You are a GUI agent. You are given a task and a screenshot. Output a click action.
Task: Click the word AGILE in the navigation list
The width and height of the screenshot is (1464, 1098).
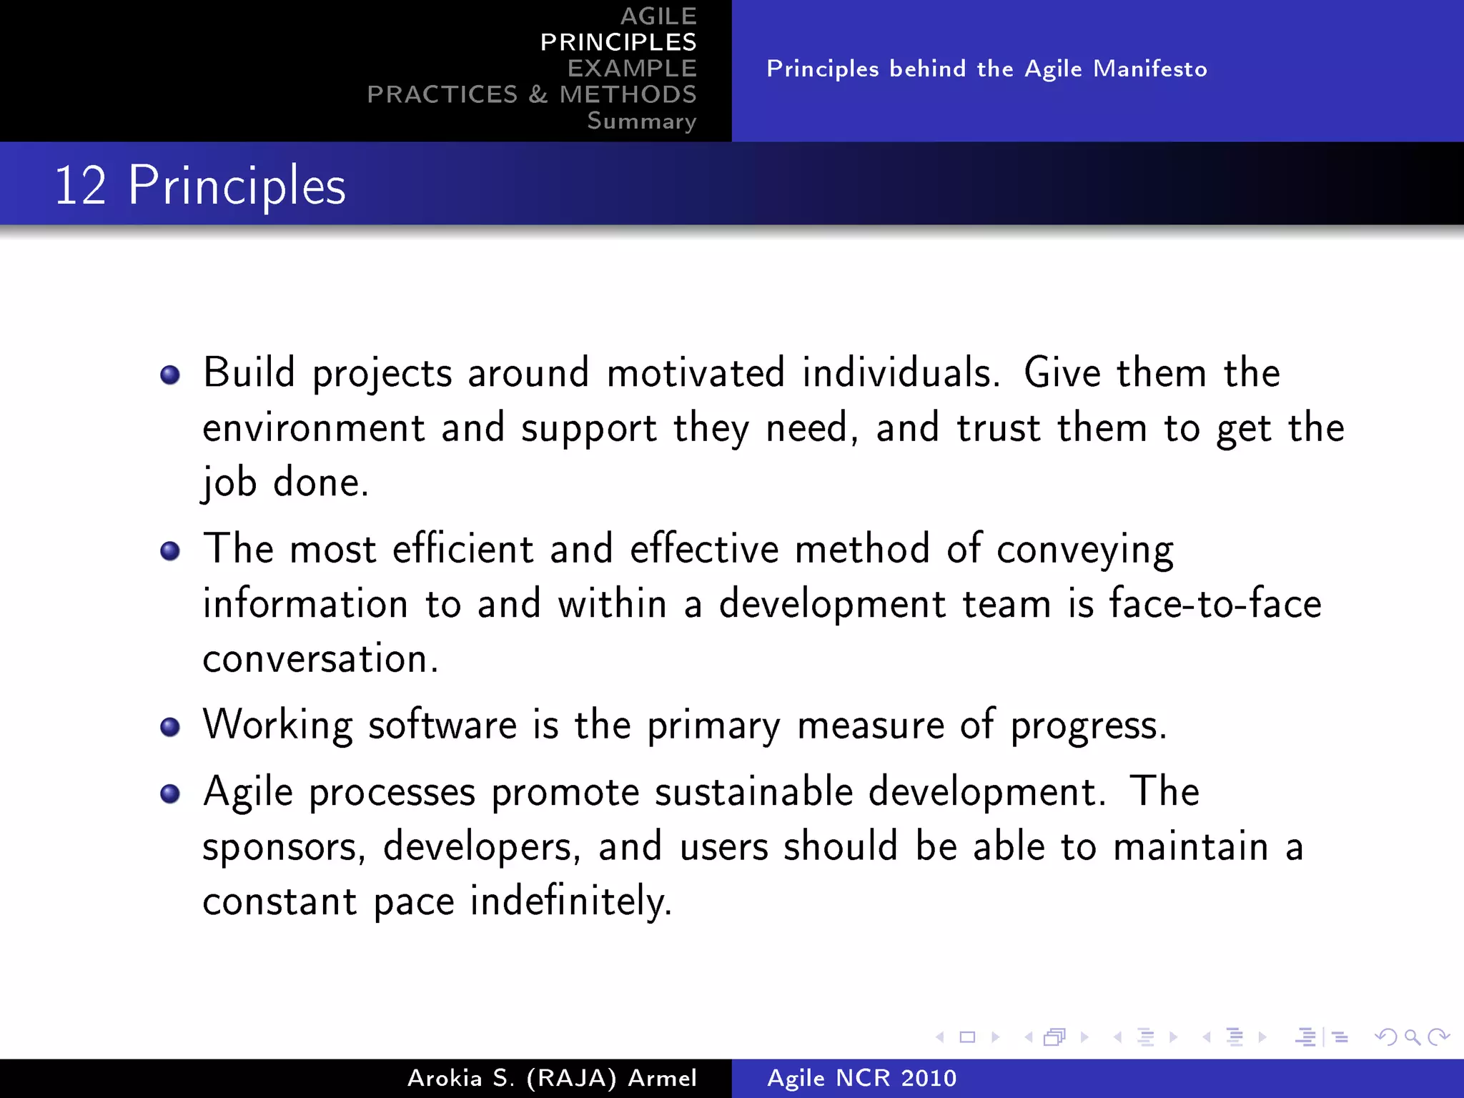point(658,16)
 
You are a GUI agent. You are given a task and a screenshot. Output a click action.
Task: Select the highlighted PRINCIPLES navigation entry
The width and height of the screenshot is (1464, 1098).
point(618,42)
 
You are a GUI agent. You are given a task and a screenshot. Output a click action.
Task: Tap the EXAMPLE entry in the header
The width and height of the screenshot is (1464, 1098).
point(632,69)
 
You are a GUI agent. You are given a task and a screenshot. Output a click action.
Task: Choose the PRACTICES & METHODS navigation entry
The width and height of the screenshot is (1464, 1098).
point(532,94)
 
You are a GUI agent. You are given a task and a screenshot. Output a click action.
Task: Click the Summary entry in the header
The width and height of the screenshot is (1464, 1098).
point(641,121)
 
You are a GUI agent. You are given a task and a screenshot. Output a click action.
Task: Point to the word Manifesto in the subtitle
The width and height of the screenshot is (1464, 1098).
point(1149,69)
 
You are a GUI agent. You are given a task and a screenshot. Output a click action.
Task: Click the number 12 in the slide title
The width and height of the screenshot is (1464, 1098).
point(80,186)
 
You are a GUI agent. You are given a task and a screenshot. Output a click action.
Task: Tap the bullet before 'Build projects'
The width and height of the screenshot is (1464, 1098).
point(170,375)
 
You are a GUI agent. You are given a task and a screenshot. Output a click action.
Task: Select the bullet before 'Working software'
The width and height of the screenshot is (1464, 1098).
point(170,727)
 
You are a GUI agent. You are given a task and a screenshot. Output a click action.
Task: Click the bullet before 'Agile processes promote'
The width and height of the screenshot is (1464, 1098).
point(170,793)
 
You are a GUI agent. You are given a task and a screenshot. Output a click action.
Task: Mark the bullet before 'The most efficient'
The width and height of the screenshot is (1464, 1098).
point(170,551)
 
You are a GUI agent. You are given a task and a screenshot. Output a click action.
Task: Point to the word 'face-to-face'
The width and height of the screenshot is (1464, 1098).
point(1215,603)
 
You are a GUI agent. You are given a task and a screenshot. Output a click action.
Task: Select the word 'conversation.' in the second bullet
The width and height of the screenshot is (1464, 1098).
point(320,658)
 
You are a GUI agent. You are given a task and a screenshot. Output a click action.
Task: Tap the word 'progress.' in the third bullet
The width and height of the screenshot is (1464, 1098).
point(1088,726)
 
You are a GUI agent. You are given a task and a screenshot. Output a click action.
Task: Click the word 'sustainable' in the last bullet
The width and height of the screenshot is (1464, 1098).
point(753,792)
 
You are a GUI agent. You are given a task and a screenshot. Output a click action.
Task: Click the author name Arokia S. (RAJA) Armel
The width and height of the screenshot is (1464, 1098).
point(552,1078)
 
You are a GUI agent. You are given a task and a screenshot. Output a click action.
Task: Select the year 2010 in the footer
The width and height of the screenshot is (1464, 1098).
point(928,1078)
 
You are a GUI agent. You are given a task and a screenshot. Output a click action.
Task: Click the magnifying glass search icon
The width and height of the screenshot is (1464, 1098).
point(1412,1037)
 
